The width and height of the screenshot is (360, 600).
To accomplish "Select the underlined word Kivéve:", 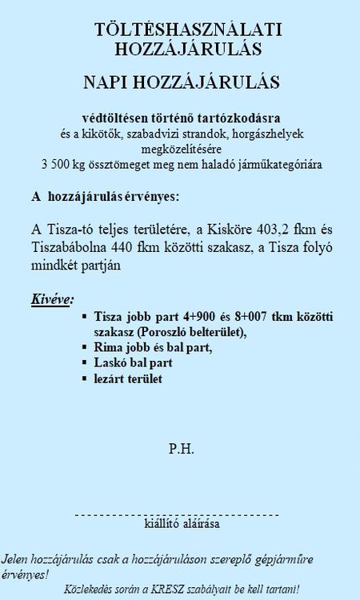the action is tap(51, 299).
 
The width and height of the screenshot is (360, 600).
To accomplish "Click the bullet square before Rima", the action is tap(85, 348).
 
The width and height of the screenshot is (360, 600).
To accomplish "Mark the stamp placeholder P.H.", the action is tap(179, 446).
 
